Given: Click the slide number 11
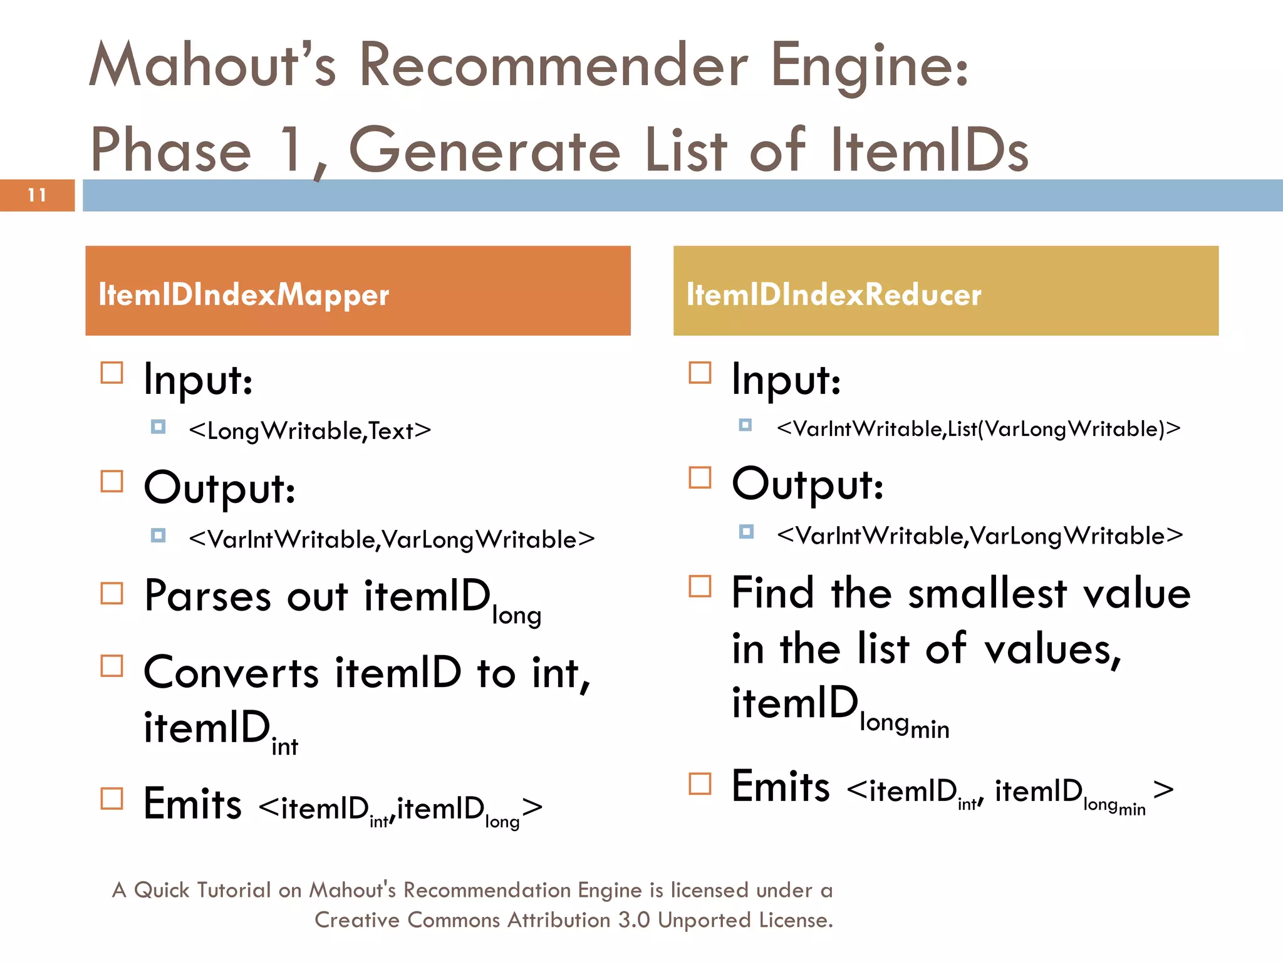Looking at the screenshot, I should pos(37,195).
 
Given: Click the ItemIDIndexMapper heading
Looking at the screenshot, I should pos(244,294).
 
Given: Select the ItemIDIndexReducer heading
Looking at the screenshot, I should pos(833,294).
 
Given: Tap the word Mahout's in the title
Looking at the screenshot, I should pos(213,66).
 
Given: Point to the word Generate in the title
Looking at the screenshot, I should pos(484,150).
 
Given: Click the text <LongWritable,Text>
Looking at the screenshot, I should pos(310,431).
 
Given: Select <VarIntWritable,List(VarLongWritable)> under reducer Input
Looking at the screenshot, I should pos(979,429).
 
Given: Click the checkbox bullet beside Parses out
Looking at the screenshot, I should pos(112,592).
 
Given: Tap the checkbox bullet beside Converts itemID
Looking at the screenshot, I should pos(112,666).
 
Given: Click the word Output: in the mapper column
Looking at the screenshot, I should pos(219,488).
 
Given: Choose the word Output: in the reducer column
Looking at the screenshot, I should pos(808,484).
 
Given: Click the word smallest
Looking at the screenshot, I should pos(987,594).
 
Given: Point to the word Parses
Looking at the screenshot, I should pos(207,596).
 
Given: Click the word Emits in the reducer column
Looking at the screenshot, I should pos(781,787).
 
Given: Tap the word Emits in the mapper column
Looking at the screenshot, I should pos(192,804).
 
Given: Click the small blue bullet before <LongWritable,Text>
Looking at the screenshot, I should pos(158,427).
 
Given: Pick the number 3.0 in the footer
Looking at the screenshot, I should pos(634,920).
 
